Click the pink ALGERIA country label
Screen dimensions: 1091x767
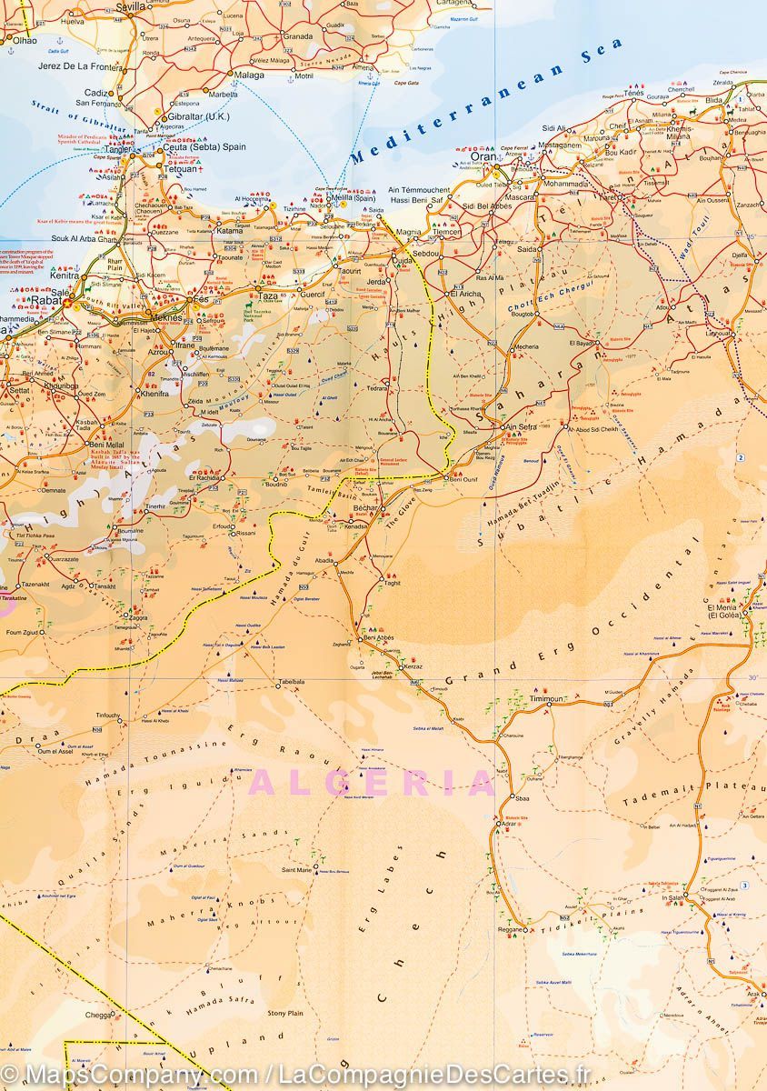point(373,783)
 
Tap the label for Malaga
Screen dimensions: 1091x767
point(249,75)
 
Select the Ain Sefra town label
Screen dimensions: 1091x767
point(521,426)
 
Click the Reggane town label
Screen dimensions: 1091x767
point(512,930)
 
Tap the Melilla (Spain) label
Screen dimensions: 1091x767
point(355,198)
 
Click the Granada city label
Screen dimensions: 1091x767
point(298,36)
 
